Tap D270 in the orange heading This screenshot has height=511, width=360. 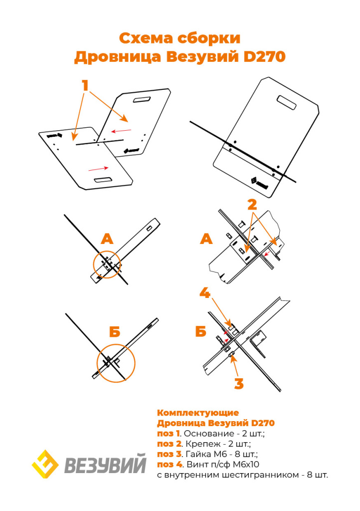coord(264,57)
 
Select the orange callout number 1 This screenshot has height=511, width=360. coord(85,85)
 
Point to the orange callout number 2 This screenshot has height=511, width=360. coord(252,204)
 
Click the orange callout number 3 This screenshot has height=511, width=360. coord(239,383)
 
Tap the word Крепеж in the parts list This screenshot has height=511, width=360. coord(200,444)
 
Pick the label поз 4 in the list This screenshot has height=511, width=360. coord(168,465)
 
